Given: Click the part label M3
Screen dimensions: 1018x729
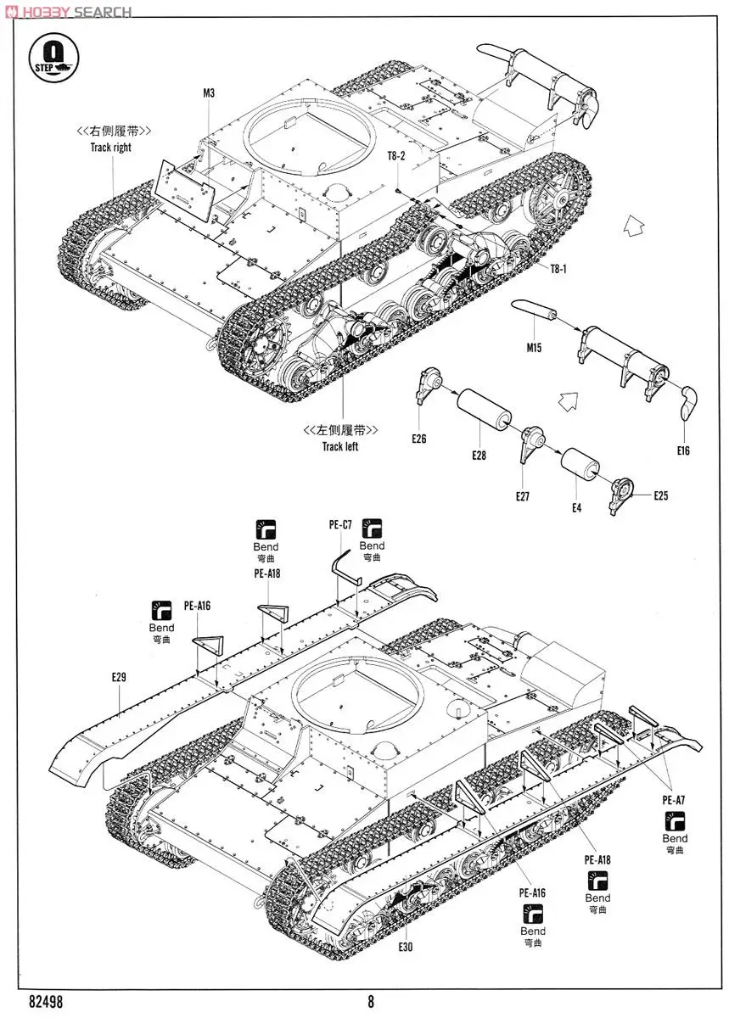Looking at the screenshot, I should pos(209,93).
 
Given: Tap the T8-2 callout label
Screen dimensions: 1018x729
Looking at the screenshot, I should pos(397,156).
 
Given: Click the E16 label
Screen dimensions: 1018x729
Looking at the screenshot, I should pos(683,450).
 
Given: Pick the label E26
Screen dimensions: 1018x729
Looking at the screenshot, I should pos(418,439).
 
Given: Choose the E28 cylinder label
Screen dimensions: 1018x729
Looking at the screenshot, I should pos(479,456).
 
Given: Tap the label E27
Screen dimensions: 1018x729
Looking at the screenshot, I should pos(522,497).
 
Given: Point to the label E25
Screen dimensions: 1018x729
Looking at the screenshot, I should pos(660,495).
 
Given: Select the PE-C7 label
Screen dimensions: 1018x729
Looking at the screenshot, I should pos(340,525).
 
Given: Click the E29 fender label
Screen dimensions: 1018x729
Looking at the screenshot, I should pos(118,676).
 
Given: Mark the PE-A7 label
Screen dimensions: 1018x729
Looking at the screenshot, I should pos(675,799).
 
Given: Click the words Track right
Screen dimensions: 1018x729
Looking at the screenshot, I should pos(111,147).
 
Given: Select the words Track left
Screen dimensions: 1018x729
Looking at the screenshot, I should pos(339,446).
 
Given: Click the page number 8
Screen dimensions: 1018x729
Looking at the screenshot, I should pos(371,1001).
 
